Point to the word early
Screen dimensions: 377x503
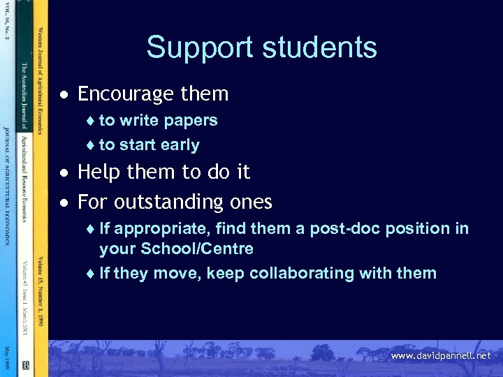tap(180, 145)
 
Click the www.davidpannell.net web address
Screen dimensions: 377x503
tap(441, 356)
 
